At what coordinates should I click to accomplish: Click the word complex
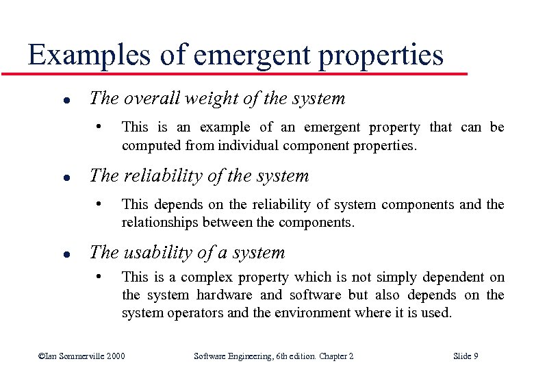[x=205, y=277]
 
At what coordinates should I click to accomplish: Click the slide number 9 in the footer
[x=475, y=356]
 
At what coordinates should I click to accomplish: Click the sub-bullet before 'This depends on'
[x=99, y=203]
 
